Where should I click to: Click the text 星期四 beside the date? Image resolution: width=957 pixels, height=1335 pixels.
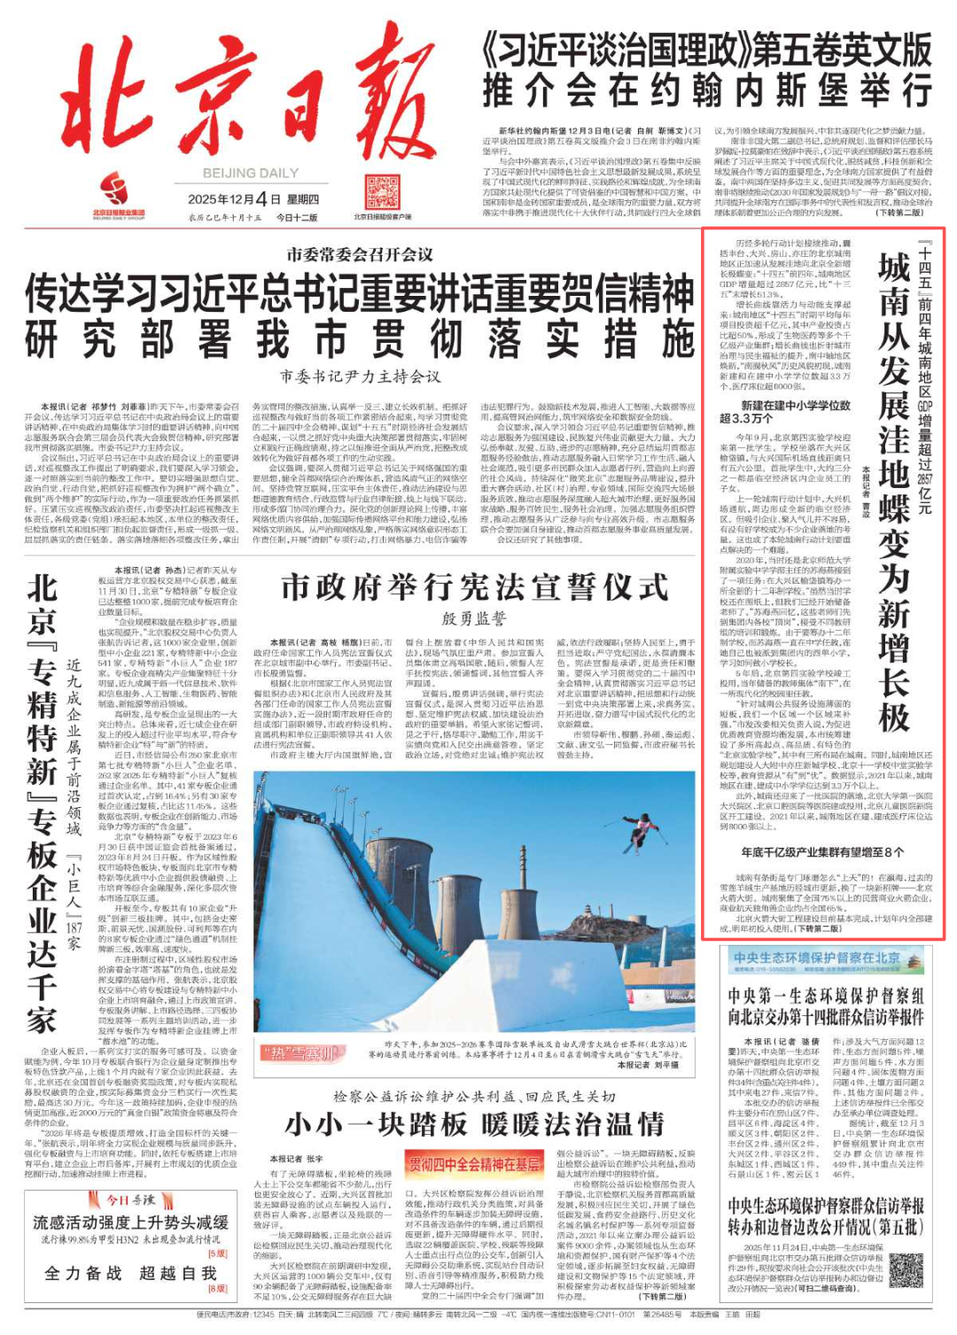click(303, 199)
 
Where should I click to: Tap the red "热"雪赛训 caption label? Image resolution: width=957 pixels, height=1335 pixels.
click(300, 1053)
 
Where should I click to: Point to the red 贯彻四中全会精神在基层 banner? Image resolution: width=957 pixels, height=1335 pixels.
click(474, 1163)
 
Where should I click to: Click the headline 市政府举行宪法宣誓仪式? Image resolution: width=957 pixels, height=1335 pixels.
click(474, 586)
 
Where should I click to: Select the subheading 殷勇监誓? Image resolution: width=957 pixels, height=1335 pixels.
click(474, 618)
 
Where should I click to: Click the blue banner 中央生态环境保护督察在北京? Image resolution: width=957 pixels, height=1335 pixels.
click(816, 959)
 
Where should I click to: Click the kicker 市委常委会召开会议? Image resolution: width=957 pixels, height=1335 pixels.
click(360, 255)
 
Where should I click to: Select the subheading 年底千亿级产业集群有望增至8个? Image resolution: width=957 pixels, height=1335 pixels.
click(822, 852)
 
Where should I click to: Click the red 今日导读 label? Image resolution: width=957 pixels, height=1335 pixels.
click(130, 1199)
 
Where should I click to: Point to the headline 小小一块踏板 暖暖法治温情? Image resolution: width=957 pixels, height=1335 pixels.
click(474, 1124)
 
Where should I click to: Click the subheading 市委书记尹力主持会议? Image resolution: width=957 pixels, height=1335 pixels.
click(360, 376)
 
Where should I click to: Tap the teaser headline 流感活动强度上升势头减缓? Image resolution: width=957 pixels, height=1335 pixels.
click(130, 1222)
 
